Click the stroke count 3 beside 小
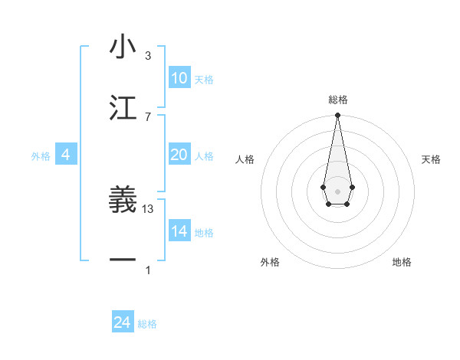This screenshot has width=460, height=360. (x=148, y=56)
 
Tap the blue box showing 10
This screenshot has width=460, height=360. (x=179, y=78)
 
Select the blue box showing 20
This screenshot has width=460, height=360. (x=179, y=155)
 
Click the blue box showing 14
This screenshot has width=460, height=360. (x=179, y=231)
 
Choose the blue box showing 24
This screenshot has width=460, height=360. (x=122, y=322)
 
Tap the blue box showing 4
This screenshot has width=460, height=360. (x=65, y=155)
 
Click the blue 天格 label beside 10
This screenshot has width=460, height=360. (x=204, y=80)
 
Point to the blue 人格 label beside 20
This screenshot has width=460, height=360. (x=204, y=156)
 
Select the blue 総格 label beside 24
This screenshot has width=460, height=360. (x=147, y=324)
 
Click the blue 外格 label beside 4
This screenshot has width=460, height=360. (x=41, y=156)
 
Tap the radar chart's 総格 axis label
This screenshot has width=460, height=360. (x=337, y=100)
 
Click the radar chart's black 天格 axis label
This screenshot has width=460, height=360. (x=432, y=159)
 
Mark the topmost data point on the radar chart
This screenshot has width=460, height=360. (x=337, y=116)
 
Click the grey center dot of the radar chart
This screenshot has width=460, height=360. (x=337, y=191)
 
